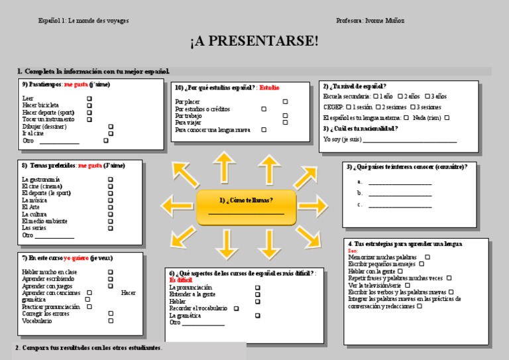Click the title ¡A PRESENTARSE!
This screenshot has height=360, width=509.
pos(254,42)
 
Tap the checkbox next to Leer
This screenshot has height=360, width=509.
pos(89,98)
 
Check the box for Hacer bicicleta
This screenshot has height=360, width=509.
pos(89,105)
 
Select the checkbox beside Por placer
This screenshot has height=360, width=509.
pos(285,101)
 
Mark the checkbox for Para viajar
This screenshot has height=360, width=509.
pos(285,123)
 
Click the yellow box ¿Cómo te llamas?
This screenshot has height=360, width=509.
pos(246,207)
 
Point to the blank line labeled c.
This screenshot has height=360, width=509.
pos(400,206)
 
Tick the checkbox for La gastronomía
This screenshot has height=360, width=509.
pos(111,180)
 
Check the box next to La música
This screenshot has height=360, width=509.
pos(111,200)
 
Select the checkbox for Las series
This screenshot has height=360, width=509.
pos(111,228)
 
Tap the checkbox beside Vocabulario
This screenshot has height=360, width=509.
pos(111,321)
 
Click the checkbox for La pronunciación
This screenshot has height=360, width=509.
pos(257,288)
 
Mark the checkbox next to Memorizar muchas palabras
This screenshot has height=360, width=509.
pos(427,257)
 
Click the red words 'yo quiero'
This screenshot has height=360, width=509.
pos(76,258)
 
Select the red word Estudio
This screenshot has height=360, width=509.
pos(269,88)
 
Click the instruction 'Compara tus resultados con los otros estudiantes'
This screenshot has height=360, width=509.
pos(89,348)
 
